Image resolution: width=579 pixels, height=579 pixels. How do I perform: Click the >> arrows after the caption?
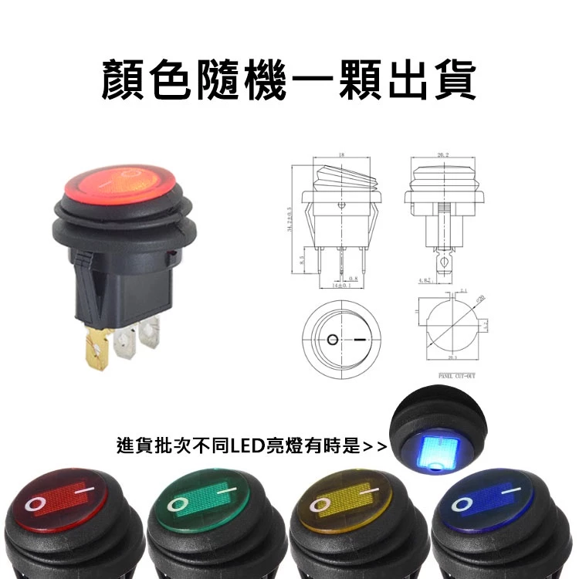pos(374,447)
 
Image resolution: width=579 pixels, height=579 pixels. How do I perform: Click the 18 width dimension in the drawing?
pos(340,156)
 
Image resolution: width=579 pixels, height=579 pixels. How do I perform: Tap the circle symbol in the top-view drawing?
pos(333,340)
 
